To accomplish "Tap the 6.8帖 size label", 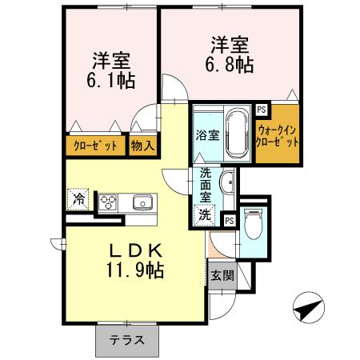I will pyautogui.click(x=232, y=64).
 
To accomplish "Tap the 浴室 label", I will pyautogui.click(x=206, y=135).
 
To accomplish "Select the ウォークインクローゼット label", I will pyautogui.click(x=278, y=134).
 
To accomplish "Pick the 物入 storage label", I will pyautogui.click(x=144, y=146).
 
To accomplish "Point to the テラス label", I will pyautogui.click(x=127, y=339).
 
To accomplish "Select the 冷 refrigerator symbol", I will pyautogui.click(x=79, y=198).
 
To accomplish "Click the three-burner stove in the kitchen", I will pyautogui.click(x=107, y=201).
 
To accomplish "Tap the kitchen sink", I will pyautogui.click(x=142, y=201).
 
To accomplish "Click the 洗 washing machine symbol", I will pyautogui.click(x=205, y=214).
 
